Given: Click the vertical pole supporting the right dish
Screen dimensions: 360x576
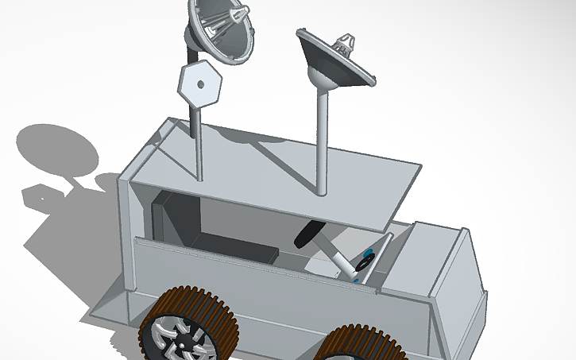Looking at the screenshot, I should [x=322, y=143].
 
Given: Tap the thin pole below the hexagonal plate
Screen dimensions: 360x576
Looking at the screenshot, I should [x=198, y=139].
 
